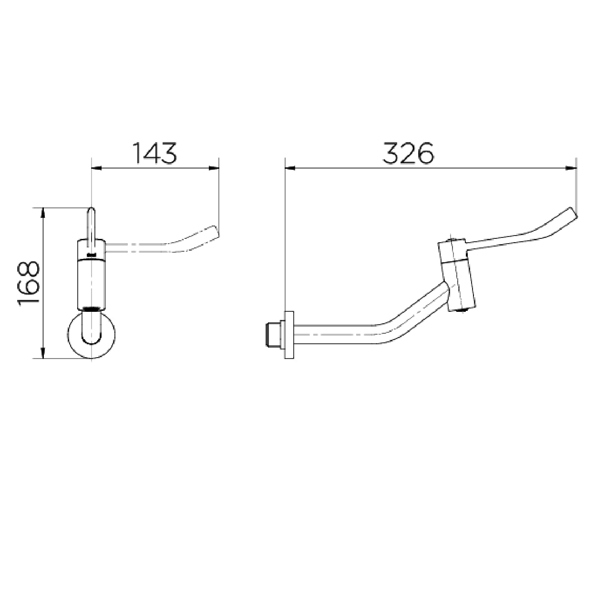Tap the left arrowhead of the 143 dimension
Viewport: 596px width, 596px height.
pos(96,168)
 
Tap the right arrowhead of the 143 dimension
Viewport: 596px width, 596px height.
pos(214,168)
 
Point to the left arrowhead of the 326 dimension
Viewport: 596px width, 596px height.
pos(290,168)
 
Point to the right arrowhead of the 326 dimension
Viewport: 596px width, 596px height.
pos(572,168)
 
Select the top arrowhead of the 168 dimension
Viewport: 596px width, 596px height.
pos(43,213)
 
